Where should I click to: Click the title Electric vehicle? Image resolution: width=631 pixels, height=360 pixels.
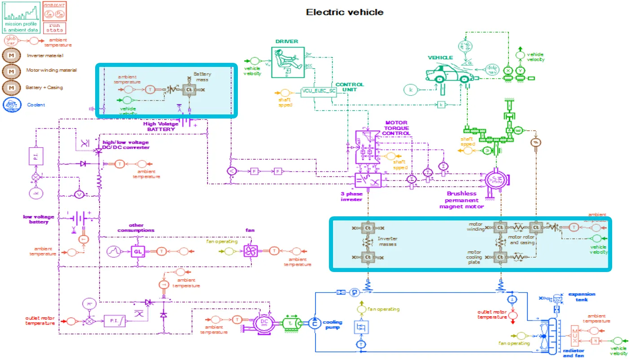pyautogui.click(x=345, y=12)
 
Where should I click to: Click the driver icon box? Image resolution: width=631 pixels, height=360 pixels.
pyautogui.click(x=288, y=62)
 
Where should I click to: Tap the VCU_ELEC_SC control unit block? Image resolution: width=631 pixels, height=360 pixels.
pyautogui.click(x=319, y=92)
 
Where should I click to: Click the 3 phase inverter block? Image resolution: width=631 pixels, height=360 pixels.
pyautogui.click(x=368, y=180)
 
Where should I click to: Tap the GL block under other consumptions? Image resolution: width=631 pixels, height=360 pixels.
pyautogui.click(x=138, y=251)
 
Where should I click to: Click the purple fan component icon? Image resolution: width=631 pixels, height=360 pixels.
pyautogui.click(x=250, y=251)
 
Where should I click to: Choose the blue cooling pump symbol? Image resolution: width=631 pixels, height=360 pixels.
pyautogui.click(x=314, y=323)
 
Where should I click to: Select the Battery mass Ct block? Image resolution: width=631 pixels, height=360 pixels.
pyautogui.click(x=189, y=90)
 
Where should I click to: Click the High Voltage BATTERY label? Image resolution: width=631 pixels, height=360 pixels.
pyautogui.click(x=161, y=127)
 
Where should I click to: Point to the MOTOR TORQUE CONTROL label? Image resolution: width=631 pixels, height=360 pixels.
pyautogui.click(x=397, y=128)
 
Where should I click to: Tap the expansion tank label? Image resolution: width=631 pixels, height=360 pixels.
pyautogui.click(x=582, y=297)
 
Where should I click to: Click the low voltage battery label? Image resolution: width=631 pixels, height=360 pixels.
pyautogui.click(x=39, y=219)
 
